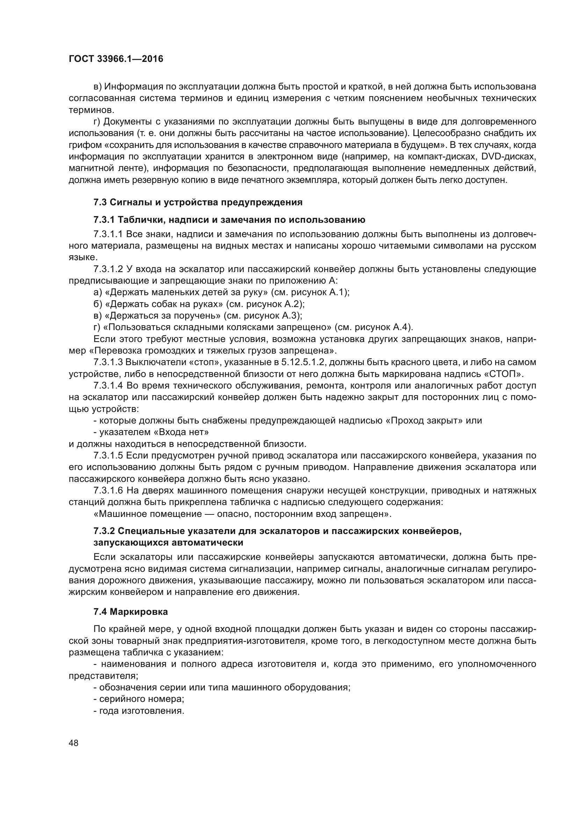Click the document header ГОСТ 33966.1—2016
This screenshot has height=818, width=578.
[x=116, y=59]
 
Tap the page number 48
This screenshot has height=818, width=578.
[x=74, y=743]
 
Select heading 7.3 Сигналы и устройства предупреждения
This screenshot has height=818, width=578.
[x=198, y=202]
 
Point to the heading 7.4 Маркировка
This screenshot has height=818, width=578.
[x=131, y=612]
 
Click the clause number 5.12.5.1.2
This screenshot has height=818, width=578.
[x=303, y=362]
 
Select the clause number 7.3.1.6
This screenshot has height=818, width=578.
[x=108, y=491]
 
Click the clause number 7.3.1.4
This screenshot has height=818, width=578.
[x=108, y=385]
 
